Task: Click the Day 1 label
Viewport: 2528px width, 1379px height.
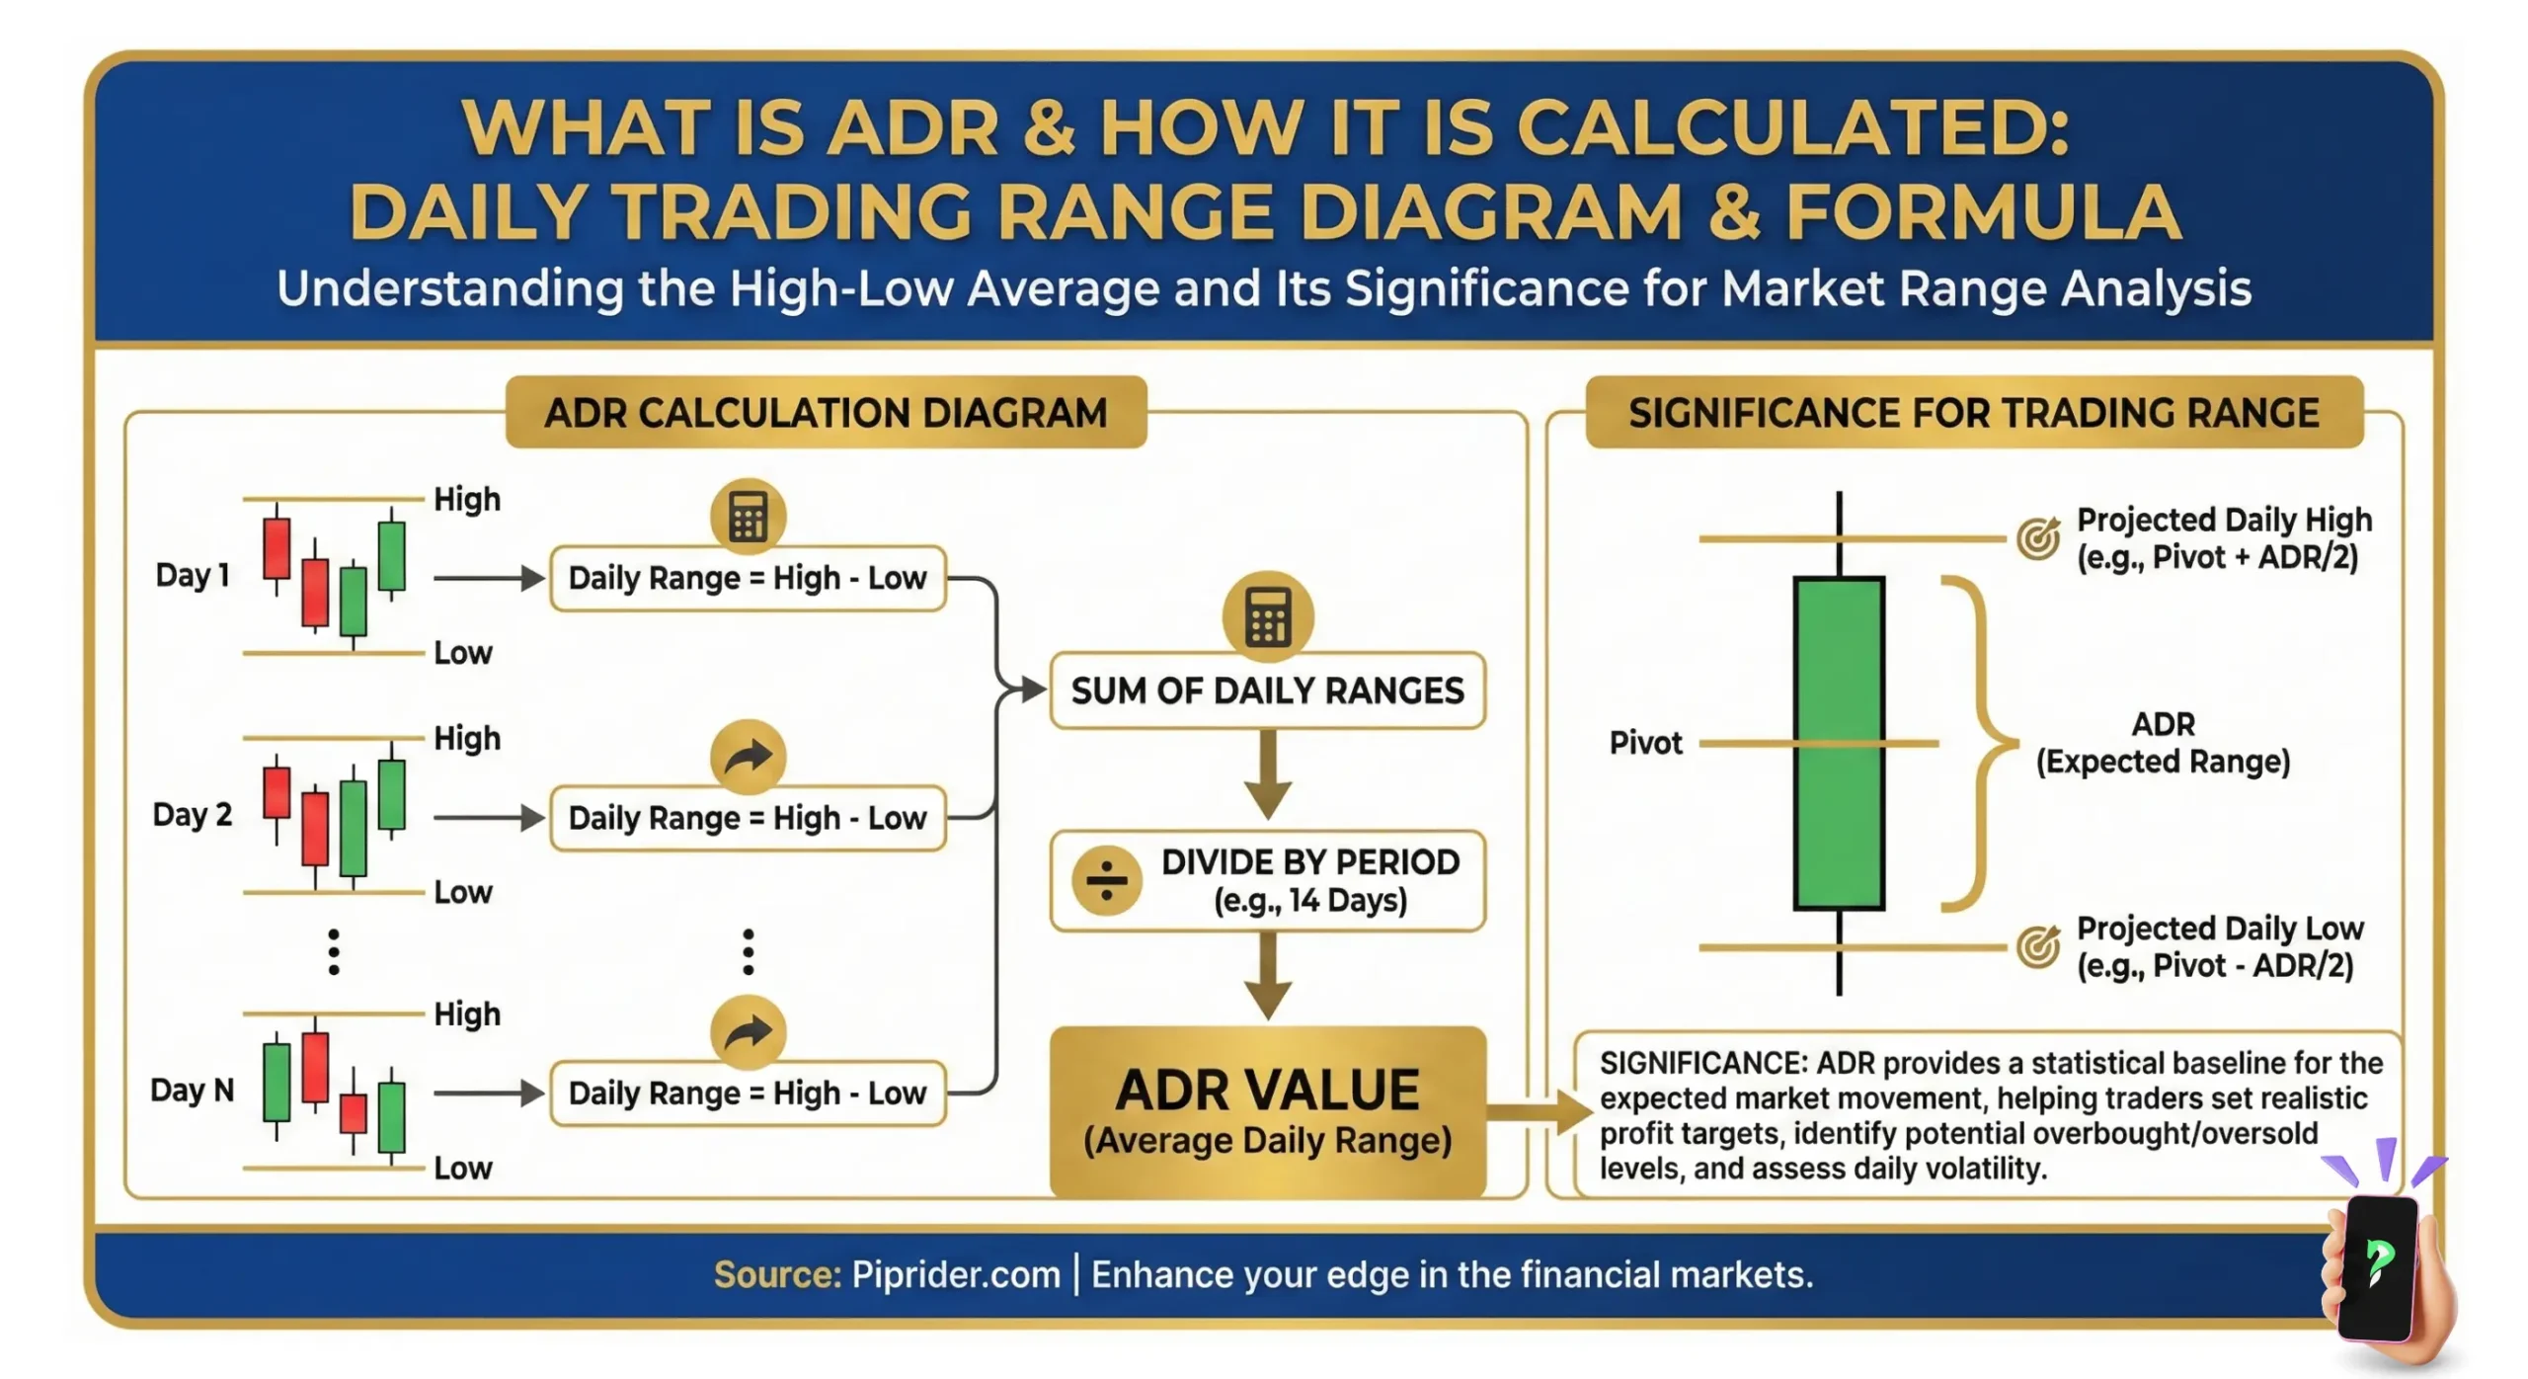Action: coord(193,575)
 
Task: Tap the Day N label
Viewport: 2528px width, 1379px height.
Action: coord(193,1091)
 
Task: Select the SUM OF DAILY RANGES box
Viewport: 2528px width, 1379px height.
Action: coord(1267,690)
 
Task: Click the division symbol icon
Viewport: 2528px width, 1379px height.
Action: coord(1106,880)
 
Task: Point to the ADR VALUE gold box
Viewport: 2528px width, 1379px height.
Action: coord(1267,1111)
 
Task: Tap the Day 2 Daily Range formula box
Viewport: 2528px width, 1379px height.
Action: coord(748,818)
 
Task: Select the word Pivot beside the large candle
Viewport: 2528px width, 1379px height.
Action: coord(1645,743)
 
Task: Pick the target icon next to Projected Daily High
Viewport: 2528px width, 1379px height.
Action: coord(2038,538)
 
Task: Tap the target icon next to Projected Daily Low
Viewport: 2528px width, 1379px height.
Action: coord(2038,946)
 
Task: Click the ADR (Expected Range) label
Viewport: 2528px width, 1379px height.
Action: coord(2163,743)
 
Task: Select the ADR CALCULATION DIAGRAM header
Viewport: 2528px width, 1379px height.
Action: coord(826,413)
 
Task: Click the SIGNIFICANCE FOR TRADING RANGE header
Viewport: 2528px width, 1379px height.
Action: coord(1973,413)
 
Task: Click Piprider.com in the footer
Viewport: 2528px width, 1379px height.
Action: coord(955,1275)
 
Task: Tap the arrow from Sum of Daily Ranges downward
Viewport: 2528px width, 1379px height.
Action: coord(1268,775)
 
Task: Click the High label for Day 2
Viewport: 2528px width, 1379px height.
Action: coord(467,739)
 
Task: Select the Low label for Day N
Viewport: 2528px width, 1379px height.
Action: coord(463,1169)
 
